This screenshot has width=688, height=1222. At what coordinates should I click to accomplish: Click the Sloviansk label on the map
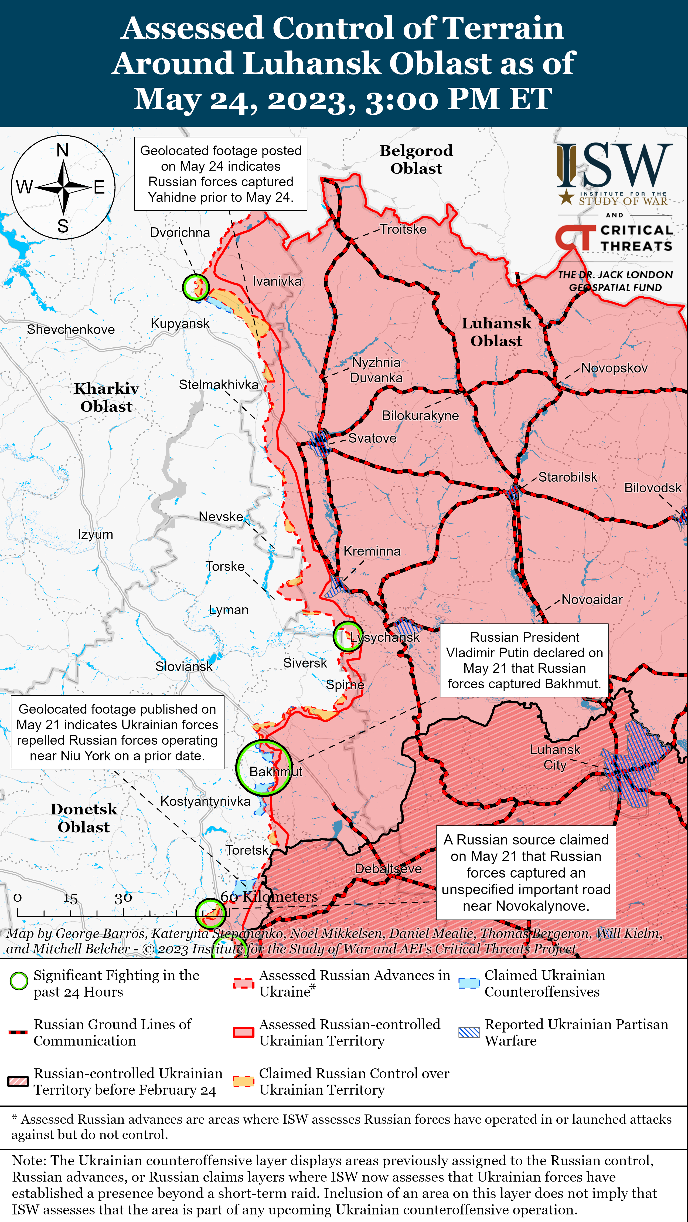(184, 666)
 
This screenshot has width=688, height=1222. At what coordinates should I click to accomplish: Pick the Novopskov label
(614, 368)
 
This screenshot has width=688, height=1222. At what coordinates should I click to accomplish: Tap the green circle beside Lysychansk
(348, 637)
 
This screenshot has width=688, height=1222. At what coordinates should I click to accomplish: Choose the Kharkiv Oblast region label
(106, 398)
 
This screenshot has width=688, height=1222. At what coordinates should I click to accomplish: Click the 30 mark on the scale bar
(123, 898)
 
